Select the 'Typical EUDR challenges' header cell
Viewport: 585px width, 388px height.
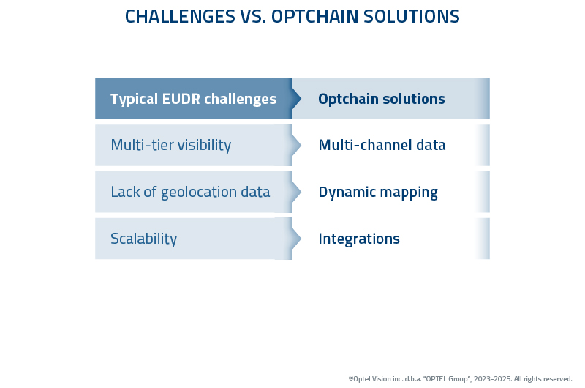pos(193,99)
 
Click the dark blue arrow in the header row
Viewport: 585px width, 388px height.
pos(295,99)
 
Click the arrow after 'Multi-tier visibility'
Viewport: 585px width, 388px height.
pos(295,145)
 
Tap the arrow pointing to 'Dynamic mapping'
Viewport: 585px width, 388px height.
pos(295,192)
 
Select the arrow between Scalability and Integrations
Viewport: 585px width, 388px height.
pos(295,239)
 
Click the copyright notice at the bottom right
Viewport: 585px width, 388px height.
pos(460,378)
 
